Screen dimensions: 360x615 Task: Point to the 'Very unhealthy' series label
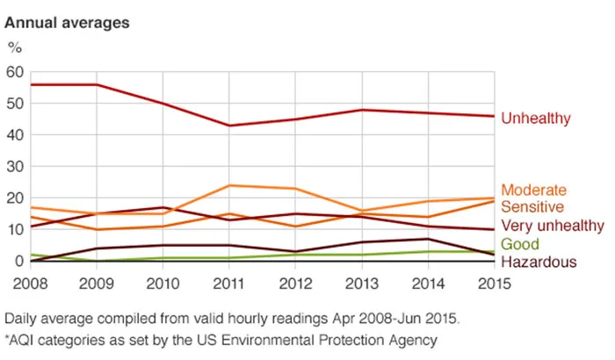[x=552, y=226]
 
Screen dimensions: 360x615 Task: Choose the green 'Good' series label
[x=518, y=244]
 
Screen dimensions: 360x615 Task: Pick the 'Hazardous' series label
[x=539, y=262]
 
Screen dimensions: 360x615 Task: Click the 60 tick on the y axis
[x=14, y=71]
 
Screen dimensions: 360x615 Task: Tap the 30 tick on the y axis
[x=14, y=166]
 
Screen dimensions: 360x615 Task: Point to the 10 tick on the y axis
[x=14, y=229]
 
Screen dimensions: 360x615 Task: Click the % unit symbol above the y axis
[x=13, y=47]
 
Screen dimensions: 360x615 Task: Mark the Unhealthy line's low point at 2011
[x=229, y=126]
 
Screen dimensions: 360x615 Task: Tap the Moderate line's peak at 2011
[x=229, y=185]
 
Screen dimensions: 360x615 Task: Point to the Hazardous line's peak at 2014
[x=425, y=239]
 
